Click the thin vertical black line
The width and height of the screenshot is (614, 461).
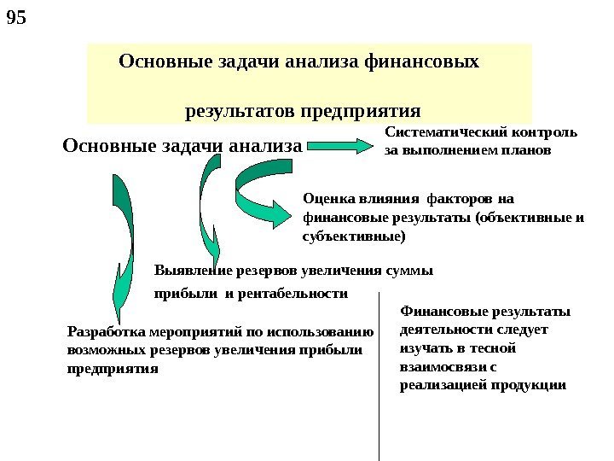(378, 376)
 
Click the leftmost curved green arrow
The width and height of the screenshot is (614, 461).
(122, 239)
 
